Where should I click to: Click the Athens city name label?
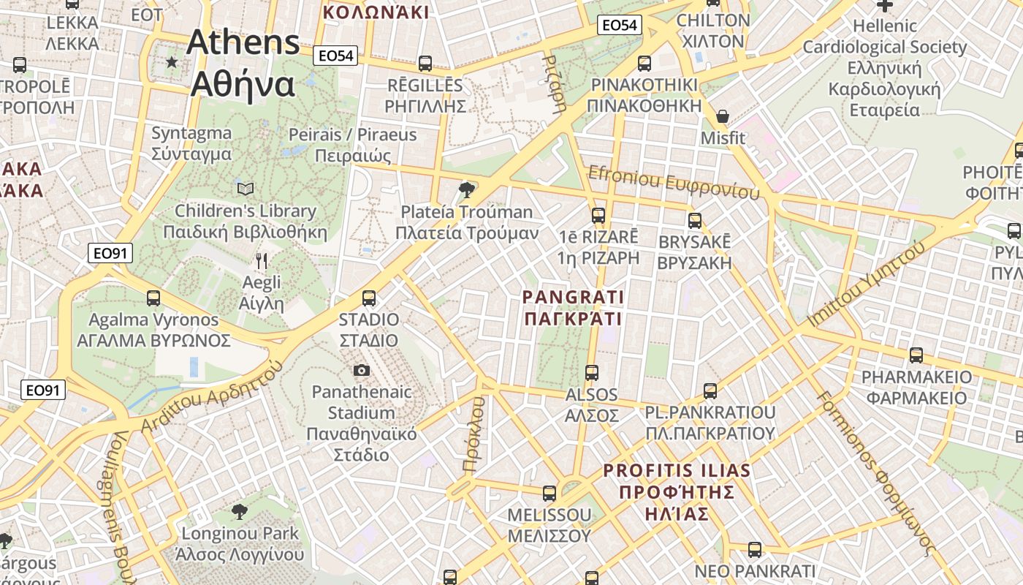(x=243, y=64)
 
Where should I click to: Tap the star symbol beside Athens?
(x=172, y=62)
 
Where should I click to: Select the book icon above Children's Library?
(x=246, y=189)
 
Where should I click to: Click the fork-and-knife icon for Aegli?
(x=261, y=260)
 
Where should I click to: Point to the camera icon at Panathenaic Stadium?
(x=361, y=370)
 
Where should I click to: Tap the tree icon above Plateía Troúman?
(x=465, y=191)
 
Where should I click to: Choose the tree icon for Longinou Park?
(x=239, y=511)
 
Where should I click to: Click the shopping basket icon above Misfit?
(x=722, y=116)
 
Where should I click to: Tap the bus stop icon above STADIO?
(x=369, y=298)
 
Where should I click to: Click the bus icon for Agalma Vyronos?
(x=153, y=298)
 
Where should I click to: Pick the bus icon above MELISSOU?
(x=549, y=494)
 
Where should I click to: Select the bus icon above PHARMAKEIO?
(x=916, y=355)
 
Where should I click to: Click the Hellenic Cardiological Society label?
(x=884, y=67)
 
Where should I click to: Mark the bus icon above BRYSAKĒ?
(x=694, y=220)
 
